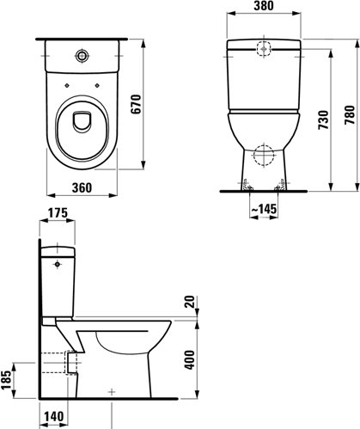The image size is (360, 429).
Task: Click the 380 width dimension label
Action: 264,6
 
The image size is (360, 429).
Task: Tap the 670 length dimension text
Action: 137,104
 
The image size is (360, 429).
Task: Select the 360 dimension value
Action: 82,187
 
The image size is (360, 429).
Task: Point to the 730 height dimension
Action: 324,120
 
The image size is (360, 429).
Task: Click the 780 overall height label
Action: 350,115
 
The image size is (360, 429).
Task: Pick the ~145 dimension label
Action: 264,209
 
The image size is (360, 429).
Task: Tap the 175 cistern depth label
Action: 58,213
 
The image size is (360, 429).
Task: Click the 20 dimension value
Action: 190,302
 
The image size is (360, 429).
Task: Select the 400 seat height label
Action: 190,359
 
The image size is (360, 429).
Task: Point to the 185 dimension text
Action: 6,380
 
